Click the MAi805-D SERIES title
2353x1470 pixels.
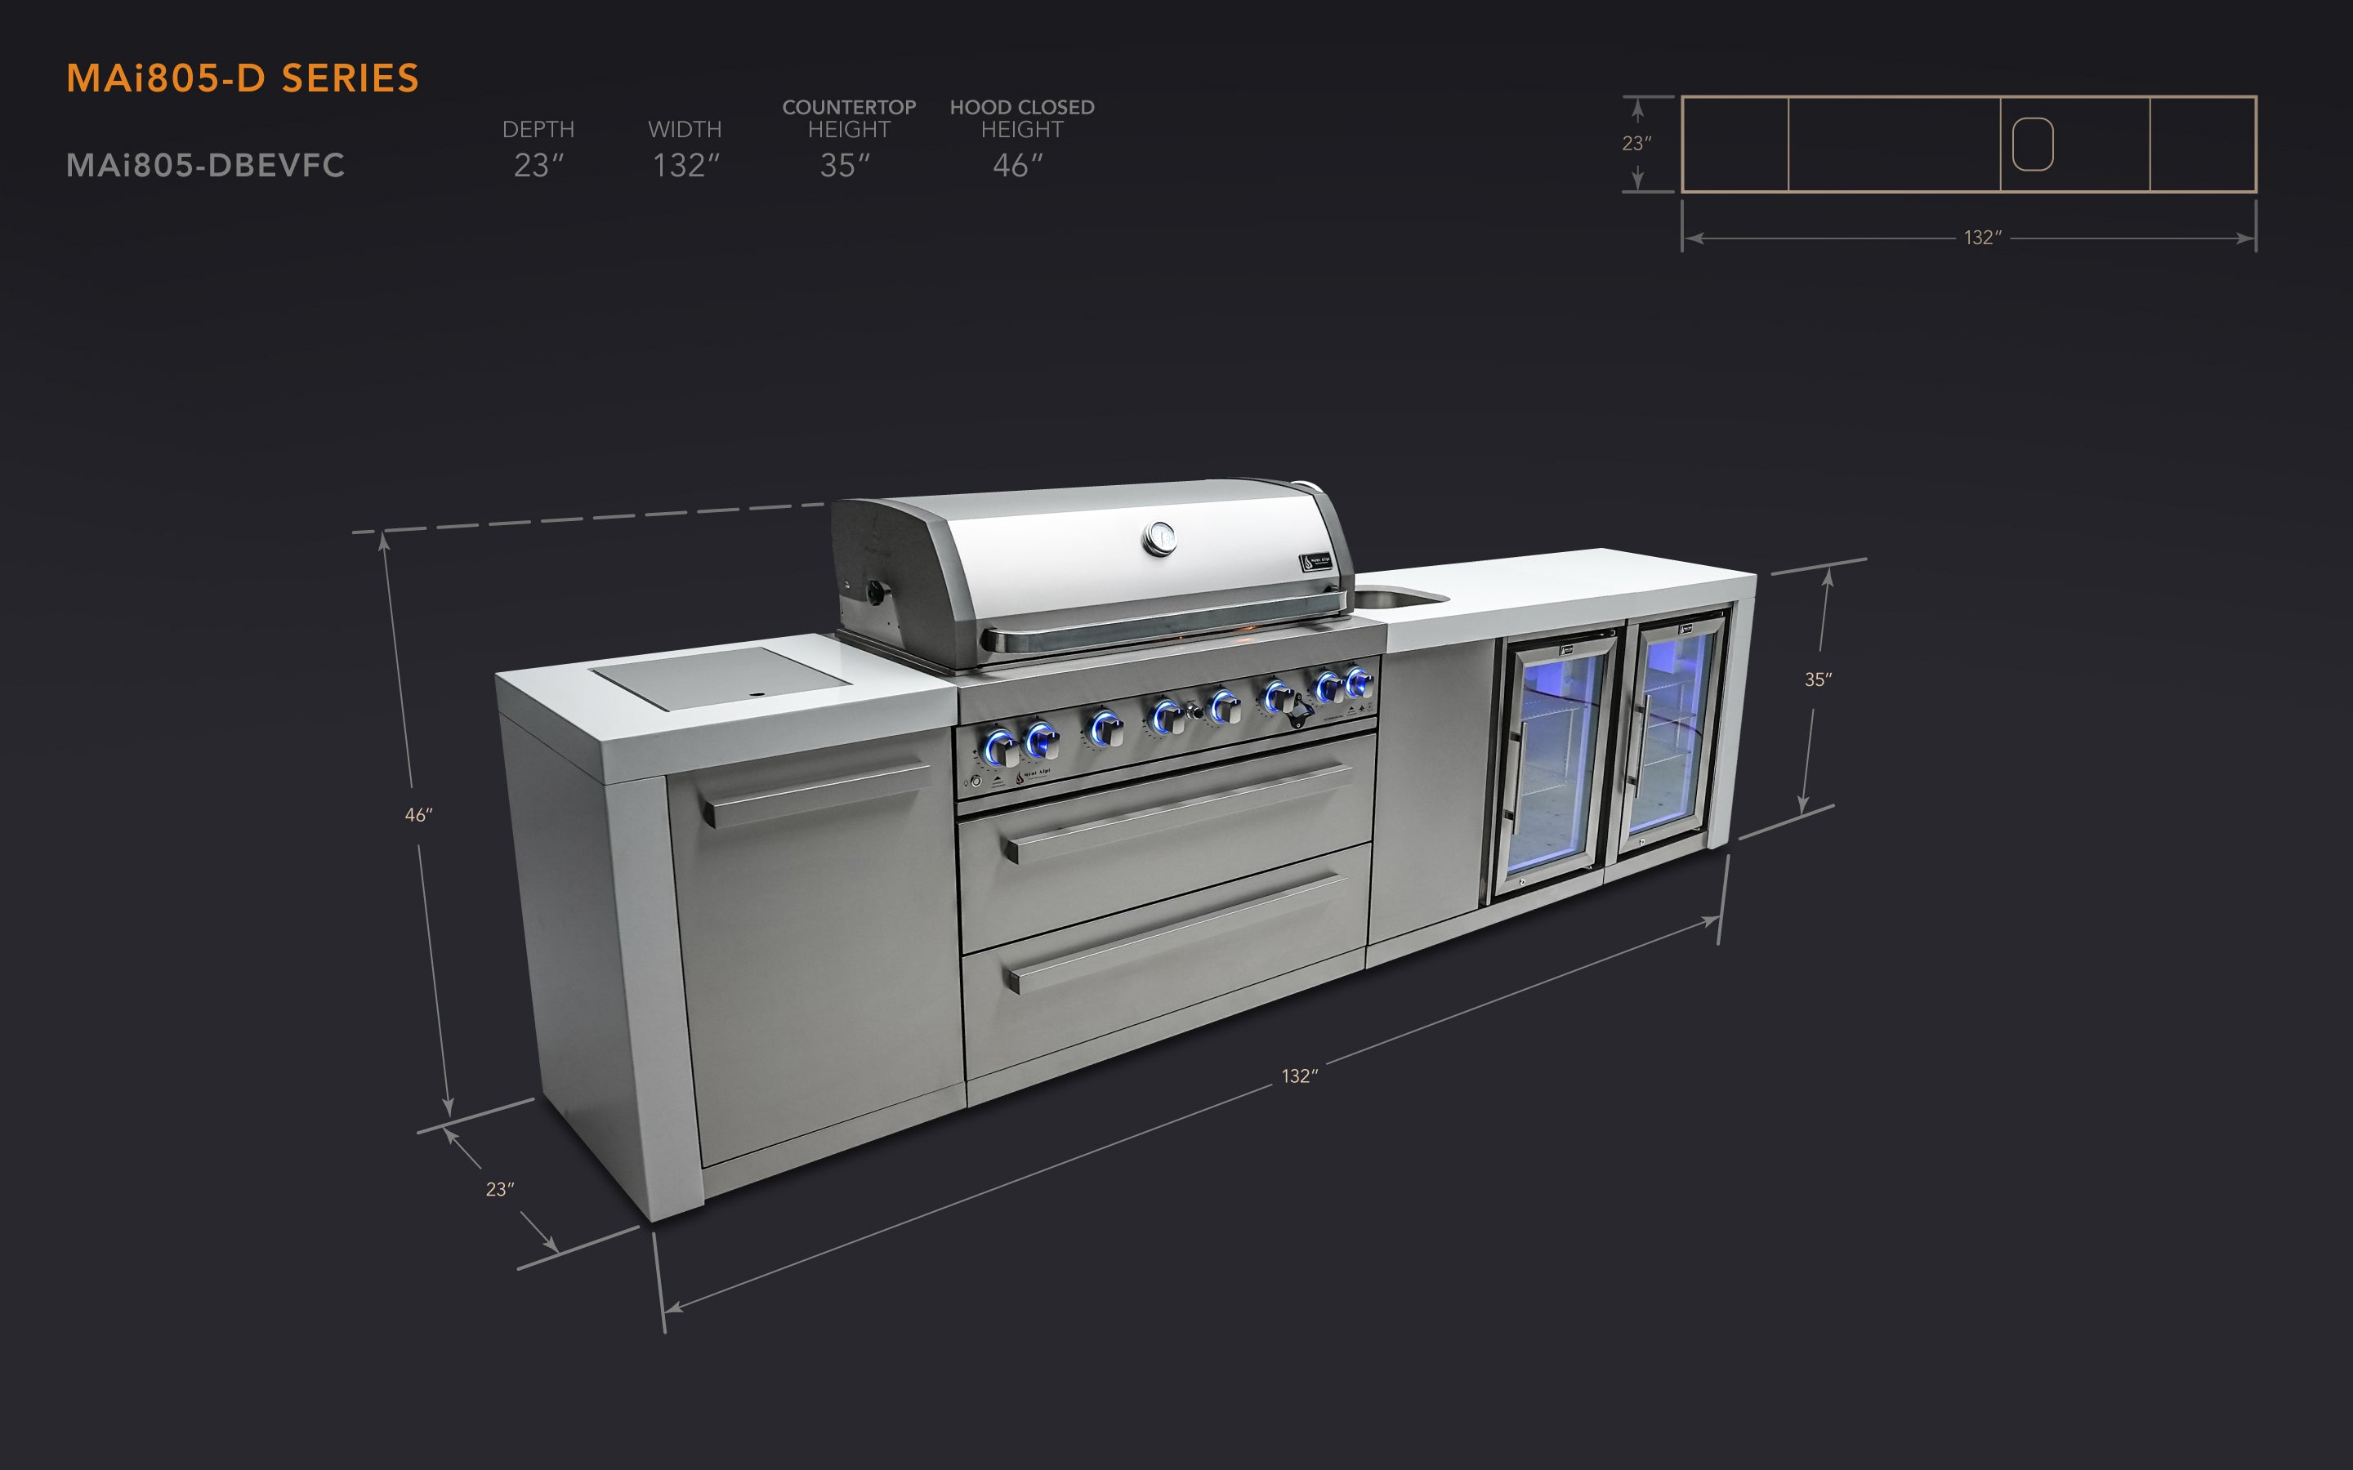point(242,78)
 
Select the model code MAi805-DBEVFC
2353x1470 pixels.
point(205,165)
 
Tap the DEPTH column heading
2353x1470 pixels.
point(538,129)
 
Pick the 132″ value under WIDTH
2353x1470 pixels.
point(685,165)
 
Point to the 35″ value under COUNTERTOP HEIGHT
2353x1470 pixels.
point(844,165)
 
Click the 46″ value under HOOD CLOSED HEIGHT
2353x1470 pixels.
point(1017,165)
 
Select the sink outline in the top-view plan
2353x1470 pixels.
point(2032,144)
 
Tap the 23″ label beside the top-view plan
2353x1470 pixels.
point(1636,144)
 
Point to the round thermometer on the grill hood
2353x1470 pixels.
point(1160,537)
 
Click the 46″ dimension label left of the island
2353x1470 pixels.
point(418,815)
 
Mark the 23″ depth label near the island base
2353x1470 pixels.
point(500,1189)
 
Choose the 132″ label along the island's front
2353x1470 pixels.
point(1299,1076)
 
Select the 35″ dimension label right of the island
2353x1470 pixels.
point(1817,679)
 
